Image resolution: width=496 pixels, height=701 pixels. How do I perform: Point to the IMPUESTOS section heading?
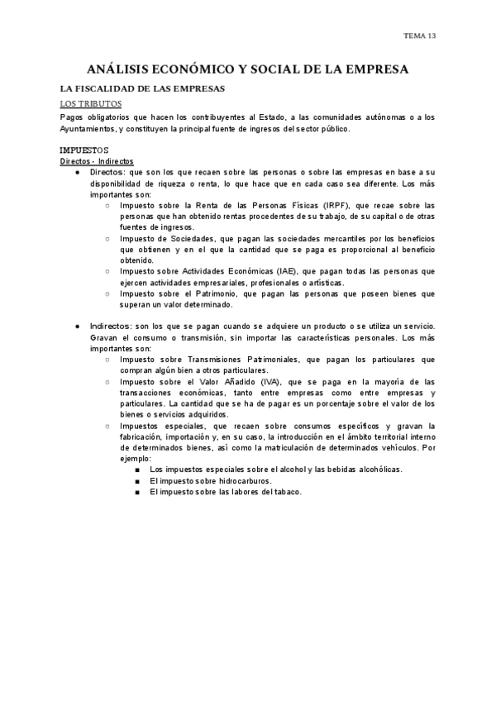[86, 150]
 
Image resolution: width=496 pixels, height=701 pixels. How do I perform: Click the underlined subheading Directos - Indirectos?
[98, 161]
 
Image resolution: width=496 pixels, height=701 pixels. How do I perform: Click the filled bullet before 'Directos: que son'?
[77, 173]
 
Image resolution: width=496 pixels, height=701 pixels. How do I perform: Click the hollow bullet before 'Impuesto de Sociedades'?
[108, 238]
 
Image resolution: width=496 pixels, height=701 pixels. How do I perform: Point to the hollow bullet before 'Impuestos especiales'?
[108, 426]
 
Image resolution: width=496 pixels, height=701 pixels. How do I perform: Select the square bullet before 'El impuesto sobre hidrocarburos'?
[136, 480]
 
